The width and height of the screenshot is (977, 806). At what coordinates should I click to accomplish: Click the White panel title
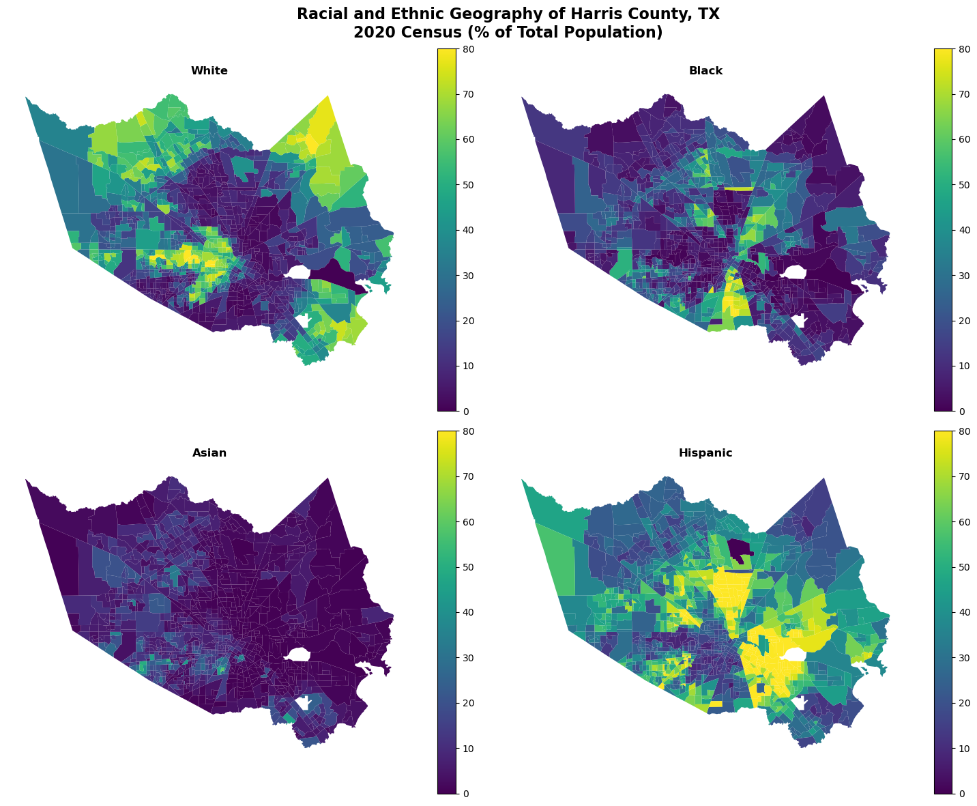tap(209, 71)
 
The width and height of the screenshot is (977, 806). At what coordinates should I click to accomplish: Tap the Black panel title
tap(705, 71)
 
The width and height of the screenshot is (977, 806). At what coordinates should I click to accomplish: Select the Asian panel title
tap(209, 453)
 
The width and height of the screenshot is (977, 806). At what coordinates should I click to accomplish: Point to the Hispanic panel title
tap(705, 453)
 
